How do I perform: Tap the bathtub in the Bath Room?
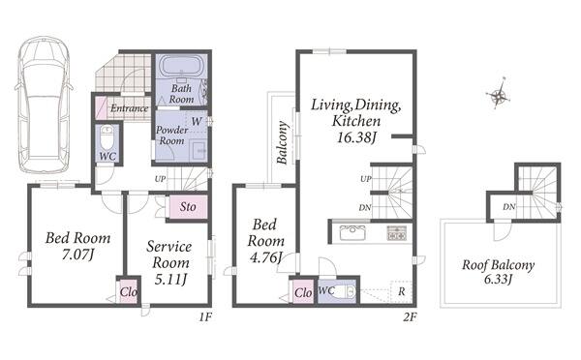(181, 67)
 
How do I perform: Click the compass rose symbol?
(498, 94)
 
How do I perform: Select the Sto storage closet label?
(188, 207)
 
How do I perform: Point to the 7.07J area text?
(78, 255)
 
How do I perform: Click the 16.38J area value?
(356, 137)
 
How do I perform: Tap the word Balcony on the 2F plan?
(283, 142)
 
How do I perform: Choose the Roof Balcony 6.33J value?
(498, 279)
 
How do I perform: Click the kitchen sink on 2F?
(353, 232)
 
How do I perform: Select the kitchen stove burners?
(397, 232)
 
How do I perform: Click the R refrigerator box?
(401, 291)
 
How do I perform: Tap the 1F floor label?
(205, 317)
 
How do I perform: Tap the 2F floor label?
(411, 317)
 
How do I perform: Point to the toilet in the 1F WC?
(107, 137)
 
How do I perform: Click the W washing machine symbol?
(197, 121)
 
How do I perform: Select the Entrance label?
(130, 108)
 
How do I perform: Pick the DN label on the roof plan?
(509, 207)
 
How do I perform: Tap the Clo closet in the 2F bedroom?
(303, 292)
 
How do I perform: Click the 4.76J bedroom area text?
(264, 257)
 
